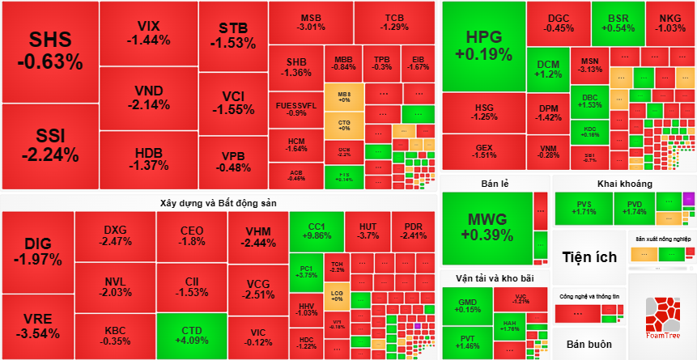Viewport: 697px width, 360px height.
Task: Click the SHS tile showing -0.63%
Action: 50,51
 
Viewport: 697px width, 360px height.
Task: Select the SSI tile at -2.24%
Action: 50,145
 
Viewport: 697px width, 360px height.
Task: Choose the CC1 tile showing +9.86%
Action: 316,231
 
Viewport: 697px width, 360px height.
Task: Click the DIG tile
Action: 37,252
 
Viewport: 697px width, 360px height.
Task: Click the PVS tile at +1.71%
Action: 584,208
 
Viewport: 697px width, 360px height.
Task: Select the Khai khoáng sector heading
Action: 624,183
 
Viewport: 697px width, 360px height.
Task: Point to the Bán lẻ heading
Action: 494,184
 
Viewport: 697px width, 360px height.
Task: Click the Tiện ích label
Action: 589,257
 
